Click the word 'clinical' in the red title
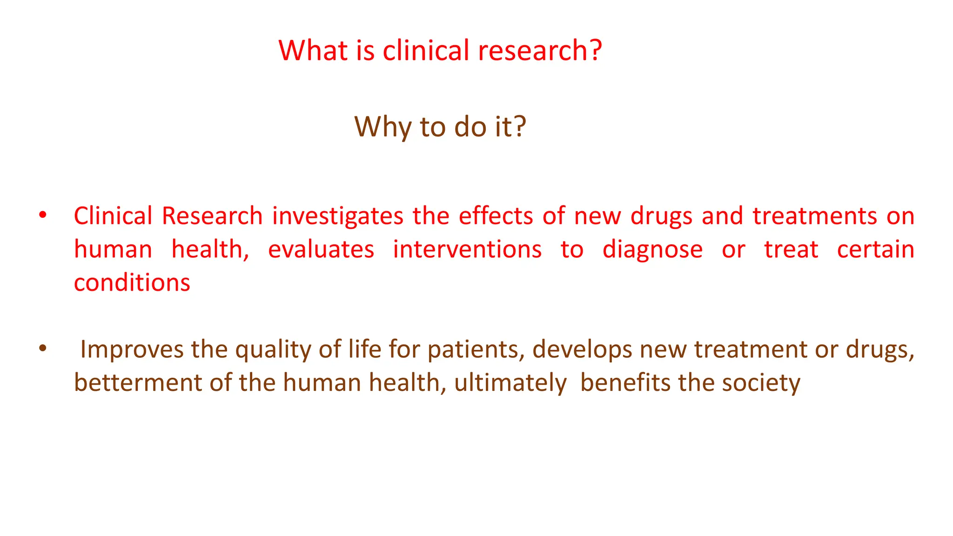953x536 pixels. [426, 50]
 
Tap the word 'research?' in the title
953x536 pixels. [540, 50]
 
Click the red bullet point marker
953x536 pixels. [43, 215]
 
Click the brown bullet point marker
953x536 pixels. [43, 348]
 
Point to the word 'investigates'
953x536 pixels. [337, 216]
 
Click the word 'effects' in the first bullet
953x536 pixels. [496, 216]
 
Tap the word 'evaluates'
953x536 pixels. [321, 250]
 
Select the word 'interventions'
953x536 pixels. [467, 250]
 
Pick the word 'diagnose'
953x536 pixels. [652, 250]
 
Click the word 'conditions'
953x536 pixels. [132, 283]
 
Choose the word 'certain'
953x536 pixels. [875, 250]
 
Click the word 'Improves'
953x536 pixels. [132, 350]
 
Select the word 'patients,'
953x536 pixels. [476, 350]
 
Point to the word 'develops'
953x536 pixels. [582, 350]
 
